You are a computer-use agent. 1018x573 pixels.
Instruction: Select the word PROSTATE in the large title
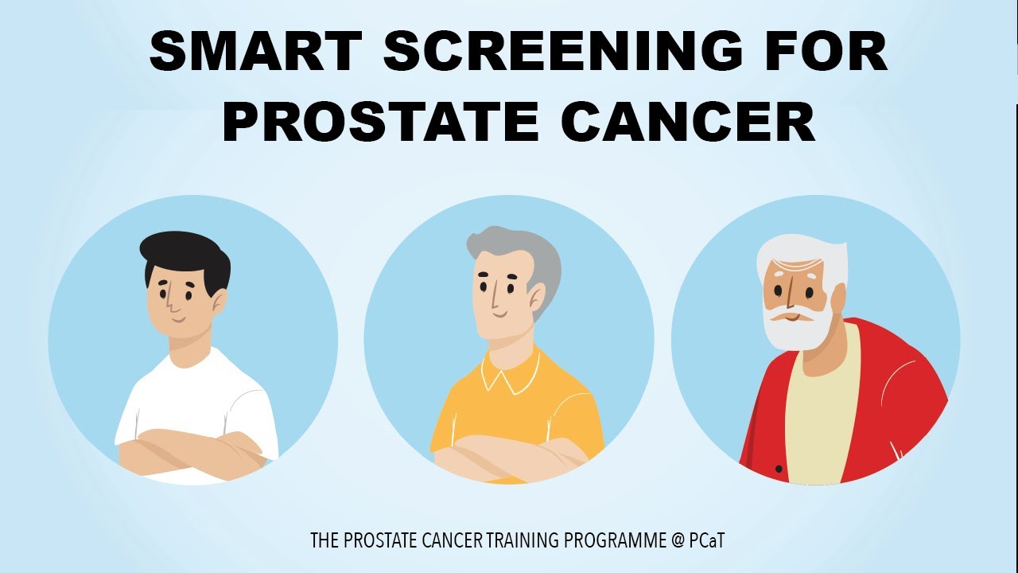click(x=382, y=123)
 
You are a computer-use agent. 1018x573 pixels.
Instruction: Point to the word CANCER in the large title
click(x=688, y=123)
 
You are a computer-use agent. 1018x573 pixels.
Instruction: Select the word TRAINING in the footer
click(x=522, y=541)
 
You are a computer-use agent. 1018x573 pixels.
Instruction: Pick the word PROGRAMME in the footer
click(x=615, y=541)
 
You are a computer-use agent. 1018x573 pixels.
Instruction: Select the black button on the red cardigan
click(x=779, y=469)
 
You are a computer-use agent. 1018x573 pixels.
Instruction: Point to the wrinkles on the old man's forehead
click(x=787, y=267)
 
